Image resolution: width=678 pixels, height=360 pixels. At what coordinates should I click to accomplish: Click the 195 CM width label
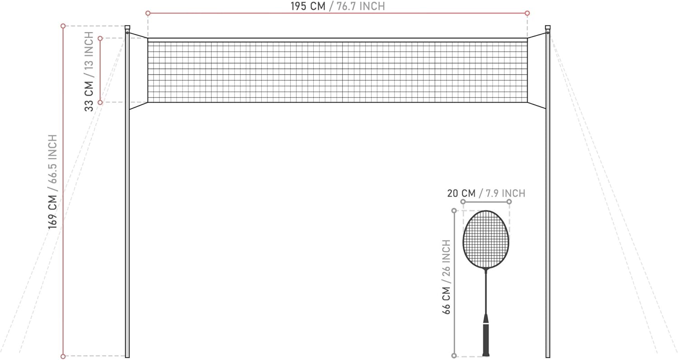tap(307, 6)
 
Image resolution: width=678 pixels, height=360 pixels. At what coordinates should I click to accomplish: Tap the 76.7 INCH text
tap(361, 6)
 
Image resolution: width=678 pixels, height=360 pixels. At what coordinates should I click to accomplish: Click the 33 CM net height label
tap(89, 96)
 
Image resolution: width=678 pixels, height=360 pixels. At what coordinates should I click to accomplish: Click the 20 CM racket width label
tap(461, 193)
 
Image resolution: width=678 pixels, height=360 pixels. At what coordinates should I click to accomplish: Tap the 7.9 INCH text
tap(505, 193)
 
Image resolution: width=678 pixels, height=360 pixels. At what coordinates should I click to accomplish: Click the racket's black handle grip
tap(486, 339)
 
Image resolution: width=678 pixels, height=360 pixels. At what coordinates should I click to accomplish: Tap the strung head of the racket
tap(486, 239)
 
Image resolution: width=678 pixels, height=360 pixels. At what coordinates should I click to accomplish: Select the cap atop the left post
tap(127, 28)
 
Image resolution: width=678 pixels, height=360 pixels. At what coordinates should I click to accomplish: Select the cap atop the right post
tap(548, 28)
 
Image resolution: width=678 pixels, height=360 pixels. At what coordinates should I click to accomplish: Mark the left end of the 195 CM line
tap(148, 13)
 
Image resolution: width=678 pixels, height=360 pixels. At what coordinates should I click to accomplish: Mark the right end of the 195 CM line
tap(527, 13)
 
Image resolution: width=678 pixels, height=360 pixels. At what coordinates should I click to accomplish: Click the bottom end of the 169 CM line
tap(63, 356)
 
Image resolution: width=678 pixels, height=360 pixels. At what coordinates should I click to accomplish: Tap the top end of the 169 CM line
tap(63, 26)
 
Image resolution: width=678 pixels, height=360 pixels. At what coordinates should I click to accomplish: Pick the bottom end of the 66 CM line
tap(454, 355)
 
